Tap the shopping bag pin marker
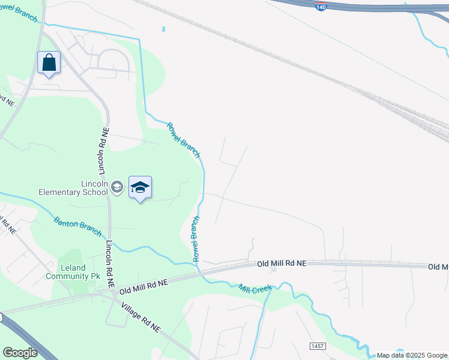[x=49, y=62]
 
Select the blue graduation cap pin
[x=140, y=188]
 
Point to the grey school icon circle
[x=117, y=188]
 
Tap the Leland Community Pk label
[x=73, y=272]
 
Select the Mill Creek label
[x=255, y=289]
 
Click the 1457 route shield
[x=318, y=346]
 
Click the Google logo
[x=20, y=353]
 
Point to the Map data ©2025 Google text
[x=412, y=356]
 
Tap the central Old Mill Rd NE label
[x=282, y=263]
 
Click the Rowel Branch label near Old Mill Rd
[x=196, y=239]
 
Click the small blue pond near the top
[x=163, y=28]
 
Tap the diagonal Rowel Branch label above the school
[x=182, y=140]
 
